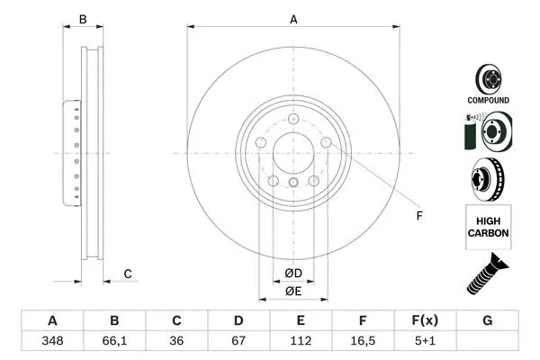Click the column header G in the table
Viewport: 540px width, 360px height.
pyautogui.click(x=487, y=321)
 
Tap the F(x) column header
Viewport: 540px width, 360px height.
pyautogui.click(x=425, y=321)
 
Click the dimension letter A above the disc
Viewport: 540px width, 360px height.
pyautogui.click(x=293, y=19)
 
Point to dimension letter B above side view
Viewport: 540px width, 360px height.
pyautogui.click(x=83, y=19)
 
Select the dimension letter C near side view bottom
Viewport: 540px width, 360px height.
pyautogui.click(x=128, y=274)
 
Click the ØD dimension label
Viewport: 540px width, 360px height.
pyautogui.click(x=293, y=273)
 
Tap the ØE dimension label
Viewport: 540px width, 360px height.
pyautogui.click(x=293, y=292)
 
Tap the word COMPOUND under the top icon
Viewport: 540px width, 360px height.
pyautogui.click(x=488, y=100)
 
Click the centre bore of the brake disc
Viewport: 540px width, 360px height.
pyautogui.click(x=293, y=154)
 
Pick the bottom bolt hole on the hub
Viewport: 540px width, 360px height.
pyautogui.click(x=293, y=184)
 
